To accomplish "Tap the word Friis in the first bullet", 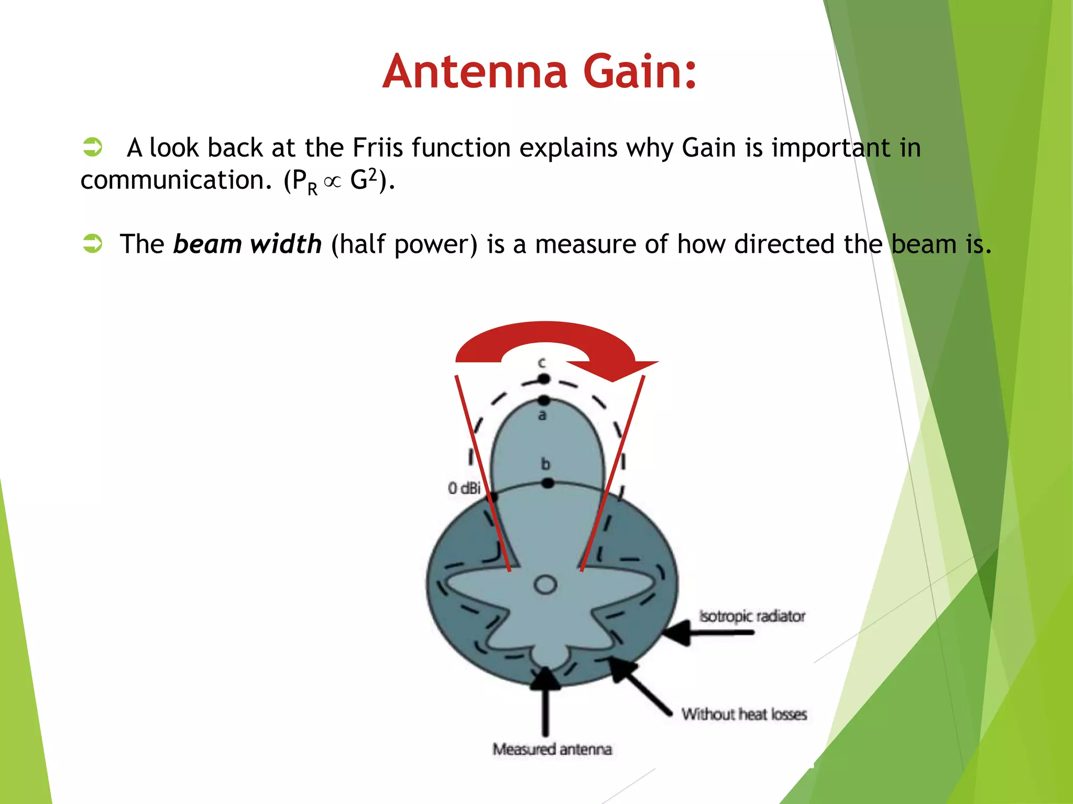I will [x=377, y=148].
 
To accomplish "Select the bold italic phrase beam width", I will [x=247, y=244].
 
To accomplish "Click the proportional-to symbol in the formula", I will [x=333, y=182].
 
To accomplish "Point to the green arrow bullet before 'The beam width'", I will [x=93, y=243].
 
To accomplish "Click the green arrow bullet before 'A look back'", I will [x=93, y=147].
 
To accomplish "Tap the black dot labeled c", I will [x=544, y=378].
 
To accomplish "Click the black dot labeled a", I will [x=544, y=400].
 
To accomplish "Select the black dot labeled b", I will [x=548, y=483].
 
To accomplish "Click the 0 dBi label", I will [x=464, y=488].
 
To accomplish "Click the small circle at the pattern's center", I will [x=545, y=585].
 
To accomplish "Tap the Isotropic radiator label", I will [x=752, y=617].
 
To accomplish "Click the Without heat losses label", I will [x=744, y=714].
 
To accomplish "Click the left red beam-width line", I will [x=482, y=471].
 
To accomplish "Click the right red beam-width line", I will [x=613, y=471].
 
